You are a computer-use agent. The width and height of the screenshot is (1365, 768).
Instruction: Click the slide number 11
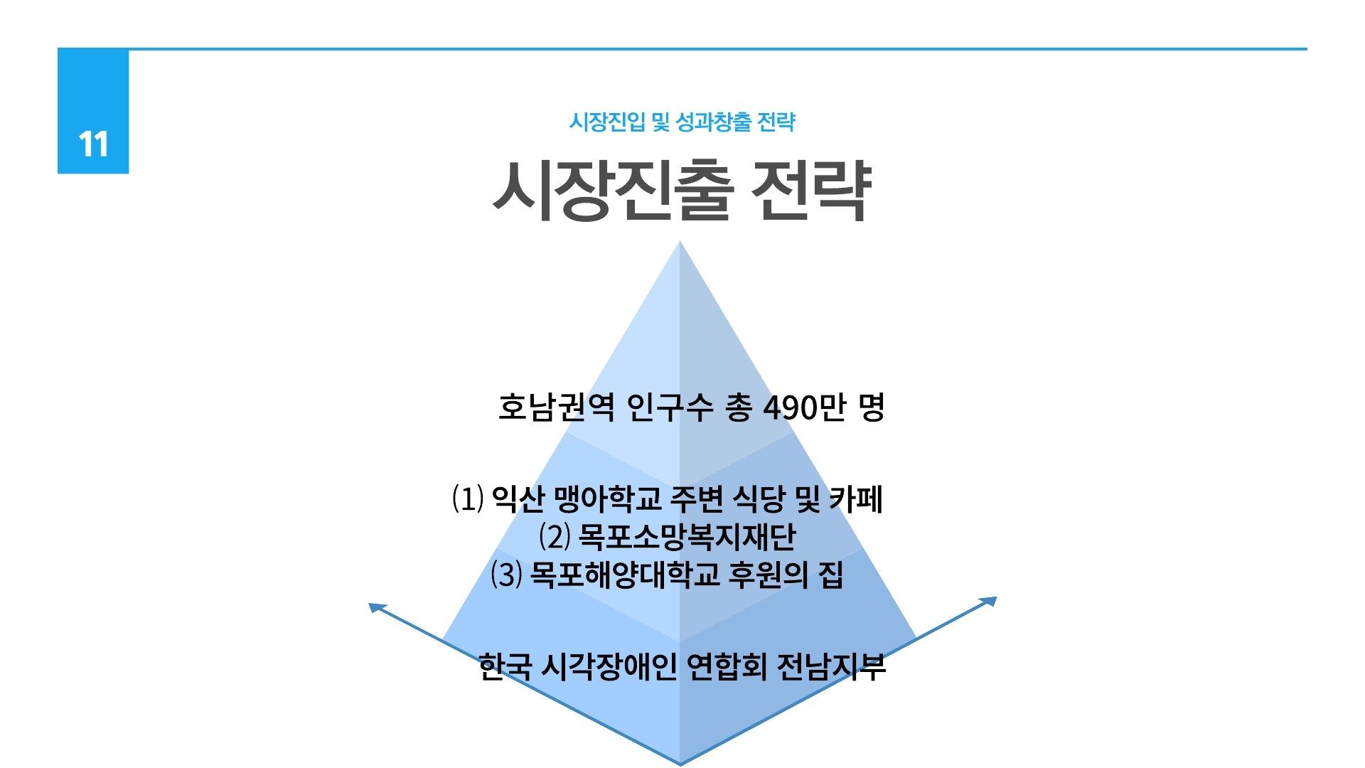[93, 144]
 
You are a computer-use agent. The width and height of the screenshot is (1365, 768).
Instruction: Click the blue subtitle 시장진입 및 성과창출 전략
[682, 122]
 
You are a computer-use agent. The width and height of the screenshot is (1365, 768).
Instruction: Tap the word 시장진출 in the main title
[613, 190]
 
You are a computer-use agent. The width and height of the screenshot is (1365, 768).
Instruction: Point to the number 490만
[804, 407]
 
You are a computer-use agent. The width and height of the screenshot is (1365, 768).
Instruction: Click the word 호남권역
[556, 407]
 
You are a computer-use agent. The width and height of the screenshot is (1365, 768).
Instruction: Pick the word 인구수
[670, 407]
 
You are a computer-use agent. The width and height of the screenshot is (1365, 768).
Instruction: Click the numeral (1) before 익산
[468, 498]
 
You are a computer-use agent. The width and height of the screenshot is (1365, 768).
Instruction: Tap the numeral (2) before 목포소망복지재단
[555, 536]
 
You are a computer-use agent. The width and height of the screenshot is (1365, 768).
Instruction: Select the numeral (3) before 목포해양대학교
[506, 574]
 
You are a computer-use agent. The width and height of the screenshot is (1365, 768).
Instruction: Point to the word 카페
[856, 498]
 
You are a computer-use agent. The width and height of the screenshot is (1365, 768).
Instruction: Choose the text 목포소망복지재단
[687, 536]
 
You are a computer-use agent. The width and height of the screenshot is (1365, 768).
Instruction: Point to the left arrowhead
[376, 608]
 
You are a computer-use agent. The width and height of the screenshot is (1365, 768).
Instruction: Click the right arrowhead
[988, 602]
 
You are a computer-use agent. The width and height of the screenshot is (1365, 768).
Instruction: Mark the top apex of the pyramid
[680, 241]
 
